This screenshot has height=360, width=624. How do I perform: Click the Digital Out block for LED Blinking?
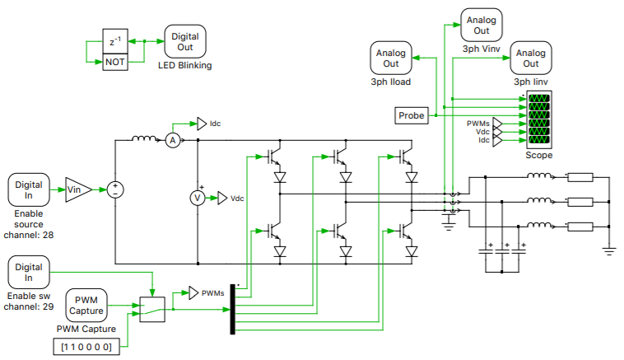(185, 40)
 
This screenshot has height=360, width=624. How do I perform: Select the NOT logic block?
(115, 62)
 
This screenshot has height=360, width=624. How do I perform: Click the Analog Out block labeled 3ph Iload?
(391, 58)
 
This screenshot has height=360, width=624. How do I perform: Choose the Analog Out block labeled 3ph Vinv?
(481, 26)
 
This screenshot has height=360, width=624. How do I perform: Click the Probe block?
(412, 116)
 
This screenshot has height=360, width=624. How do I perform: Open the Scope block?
(539, 120)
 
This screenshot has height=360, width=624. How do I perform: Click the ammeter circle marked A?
(173, 141)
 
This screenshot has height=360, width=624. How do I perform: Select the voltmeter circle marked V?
(197, 198)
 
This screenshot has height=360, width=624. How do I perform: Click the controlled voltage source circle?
(116, 189)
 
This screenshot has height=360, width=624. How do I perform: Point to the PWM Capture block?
(86, 305)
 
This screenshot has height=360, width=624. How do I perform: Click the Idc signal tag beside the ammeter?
(202, 124)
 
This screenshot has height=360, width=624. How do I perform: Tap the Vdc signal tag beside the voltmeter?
(222, 198)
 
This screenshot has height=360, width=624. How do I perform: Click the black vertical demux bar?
(233, 309)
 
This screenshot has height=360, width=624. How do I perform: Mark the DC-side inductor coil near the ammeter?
(144, 138)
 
